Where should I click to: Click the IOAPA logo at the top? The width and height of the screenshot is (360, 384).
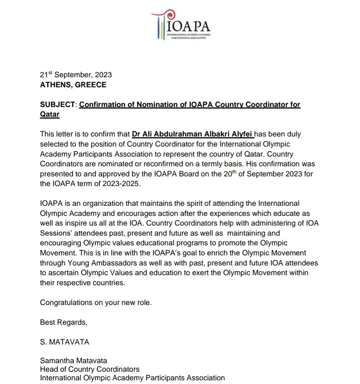pyautogui.click(x=181, y=26)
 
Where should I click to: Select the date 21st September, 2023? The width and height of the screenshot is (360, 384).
pyautogui.click(x=76, y=75)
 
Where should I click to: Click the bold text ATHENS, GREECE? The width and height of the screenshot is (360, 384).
pyautogui.click(x=73, y=85)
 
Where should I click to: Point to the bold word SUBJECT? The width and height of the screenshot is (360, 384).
pyautogui.click(x=58, y=105)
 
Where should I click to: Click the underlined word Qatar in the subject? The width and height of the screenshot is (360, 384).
pyautogui.click(x=50, y=114)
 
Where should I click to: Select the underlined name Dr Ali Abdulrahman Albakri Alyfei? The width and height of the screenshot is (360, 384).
pyautogui.click(x=193, y=134)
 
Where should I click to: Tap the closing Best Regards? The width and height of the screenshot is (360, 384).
pyautogui.click(x=63, y=322)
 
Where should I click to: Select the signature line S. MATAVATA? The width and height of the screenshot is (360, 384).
pyautogui.click(x=64, y=342)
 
